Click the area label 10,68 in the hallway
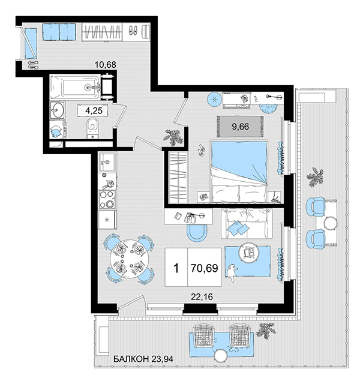point(106,65)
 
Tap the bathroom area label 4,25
point(94,110)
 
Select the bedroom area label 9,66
point(240,127)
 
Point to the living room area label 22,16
point(202,296)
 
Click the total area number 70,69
point(204,268)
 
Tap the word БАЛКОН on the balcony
point(131,359)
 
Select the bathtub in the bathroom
point(75,87)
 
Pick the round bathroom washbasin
point(58,110)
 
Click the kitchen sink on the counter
point(107,162)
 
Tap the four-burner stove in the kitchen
point(107,200)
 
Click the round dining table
point(129,259)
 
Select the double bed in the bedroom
point(239,172)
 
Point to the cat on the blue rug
point(232,272)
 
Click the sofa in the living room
point(247,223)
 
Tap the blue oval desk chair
point(197,233)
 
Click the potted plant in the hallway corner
point(173,137)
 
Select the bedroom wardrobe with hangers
point(179,178)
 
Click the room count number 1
point(176,268)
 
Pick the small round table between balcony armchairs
point(331,223)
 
